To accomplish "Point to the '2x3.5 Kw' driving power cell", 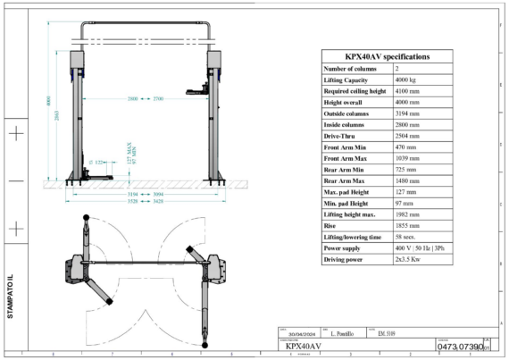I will click(409, 259).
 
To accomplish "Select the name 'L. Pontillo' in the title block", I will click(338, 333).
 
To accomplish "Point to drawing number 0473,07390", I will click(459, 345).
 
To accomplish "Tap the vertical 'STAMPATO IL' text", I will click(11, 296).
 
